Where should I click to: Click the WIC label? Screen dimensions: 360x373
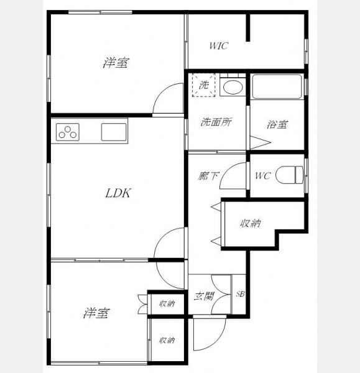219,45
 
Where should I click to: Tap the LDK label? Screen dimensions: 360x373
118,193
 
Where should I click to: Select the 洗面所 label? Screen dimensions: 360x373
216,122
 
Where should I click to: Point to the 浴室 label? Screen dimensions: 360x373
277,124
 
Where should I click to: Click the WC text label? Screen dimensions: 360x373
262,176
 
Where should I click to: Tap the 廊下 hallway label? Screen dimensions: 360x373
208,176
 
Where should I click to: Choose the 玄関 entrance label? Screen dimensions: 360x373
204,297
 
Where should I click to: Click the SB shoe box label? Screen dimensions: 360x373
240,294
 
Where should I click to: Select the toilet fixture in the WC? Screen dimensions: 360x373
290,175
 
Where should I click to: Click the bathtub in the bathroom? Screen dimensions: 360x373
277,86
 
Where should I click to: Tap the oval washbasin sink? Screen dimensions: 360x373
233,87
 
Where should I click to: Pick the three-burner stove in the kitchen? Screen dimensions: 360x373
68,132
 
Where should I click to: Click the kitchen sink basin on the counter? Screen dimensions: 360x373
114,132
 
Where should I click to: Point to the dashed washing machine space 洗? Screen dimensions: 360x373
204,85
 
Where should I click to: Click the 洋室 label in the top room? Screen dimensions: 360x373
116,63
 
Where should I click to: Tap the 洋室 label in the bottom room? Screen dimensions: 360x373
96,313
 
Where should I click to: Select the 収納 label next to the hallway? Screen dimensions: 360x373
251,223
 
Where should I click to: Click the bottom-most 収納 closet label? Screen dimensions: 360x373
167,340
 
